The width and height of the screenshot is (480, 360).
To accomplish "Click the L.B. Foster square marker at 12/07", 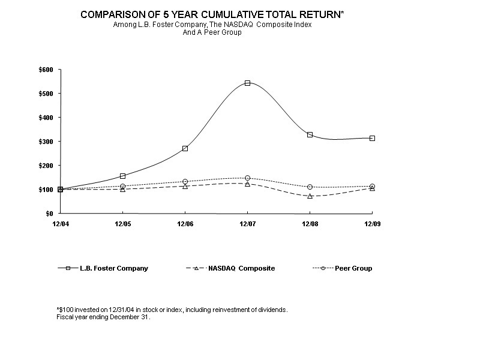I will [x=247, y=83].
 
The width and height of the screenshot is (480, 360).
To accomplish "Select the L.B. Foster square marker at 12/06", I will [x=185, y=148].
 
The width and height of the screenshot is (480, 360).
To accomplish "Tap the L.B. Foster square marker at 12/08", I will [x=310, y=134].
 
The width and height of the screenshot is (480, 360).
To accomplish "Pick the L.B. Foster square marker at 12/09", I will [x=372, y=138].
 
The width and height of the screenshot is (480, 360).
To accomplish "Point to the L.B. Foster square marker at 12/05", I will [x=122, y=176].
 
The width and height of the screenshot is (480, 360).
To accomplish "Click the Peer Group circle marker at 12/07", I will [x=247, y=178].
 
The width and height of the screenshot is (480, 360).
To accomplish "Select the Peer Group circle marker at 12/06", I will [x=185, y=181].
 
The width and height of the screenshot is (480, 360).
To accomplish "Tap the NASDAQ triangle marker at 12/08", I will [x=310, y=196].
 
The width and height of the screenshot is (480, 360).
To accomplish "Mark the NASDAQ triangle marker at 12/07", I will [x=247, y=184].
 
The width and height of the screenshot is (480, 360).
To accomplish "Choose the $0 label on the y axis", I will [x=49, y=214].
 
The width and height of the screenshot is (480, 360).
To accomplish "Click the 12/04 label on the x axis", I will [x=60, y=223].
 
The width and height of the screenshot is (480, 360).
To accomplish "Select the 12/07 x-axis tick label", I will [x=247, y=223].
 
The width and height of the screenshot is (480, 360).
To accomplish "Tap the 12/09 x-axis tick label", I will [x=372, y=223].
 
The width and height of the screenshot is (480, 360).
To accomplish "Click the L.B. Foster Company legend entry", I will [x=114, y=268].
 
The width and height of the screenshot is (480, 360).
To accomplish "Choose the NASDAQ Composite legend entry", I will [x=241, y=268].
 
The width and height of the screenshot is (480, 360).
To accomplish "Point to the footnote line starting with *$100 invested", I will [x=172, y=310].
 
